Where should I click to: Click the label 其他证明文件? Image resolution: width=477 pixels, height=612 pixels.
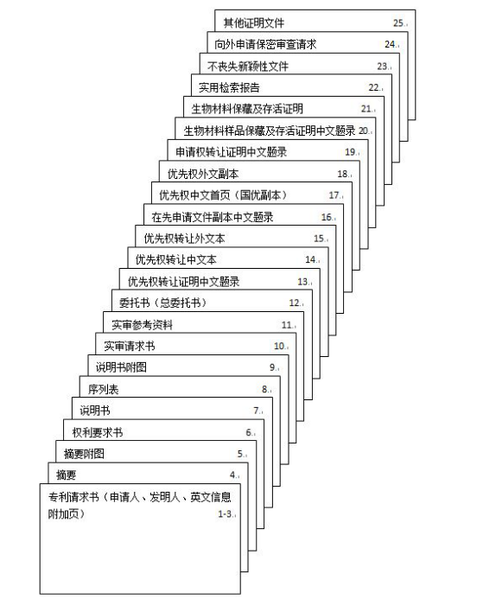[253, 23]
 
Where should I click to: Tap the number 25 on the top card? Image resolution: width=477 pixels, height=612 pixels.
[398, 23]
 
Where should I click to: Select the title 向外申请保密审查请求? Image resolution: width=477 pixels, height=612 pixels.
[265, 44]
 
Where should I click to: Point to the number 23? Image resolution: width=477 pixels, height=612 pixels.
[382, 67]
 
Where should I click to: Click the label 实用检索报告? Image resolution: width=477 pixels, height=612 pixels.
[229, 87]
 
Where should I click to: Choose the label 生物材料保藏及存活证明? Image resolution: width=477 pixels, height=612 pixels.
[247, 109]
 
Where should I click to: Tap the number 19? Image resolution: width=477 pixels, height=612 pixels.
[350, 152]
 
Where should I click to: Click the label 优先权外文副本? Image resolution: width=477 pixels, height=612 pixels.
[203, 174]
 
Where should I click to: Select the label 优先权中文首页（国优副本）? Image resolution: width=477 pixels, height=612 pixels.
[223, 195]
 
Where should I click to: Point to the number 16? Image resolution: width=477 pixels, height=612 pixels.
[326, 217]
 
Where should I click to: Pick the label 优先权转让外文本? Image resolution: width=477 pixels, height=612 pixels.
[184, 239]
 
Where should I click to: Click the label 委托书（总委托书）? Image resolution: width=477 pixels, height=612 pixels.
[162, 303]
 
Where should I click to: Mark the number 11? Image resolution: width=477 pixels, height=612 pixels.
[287, 325]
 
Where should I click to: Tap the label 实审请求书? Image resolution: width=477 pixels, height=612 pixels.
[130, 347]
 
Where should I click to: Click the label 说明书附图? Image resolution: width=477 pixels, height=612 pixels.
[121, 367]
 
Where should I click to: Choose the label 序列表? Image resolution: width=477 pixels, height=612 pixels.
[103, 389]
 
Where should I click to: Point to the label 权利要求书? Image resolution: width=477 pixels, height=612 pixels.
[98, 432]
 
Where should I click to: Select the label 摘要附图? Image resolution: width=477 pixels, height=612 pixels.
[84, 454]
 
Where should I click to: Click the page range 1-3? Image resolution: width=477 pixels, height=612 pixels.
[225, 514]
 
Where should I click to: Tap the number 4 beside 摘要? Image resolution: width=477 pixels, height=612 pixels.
[232, 475]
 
